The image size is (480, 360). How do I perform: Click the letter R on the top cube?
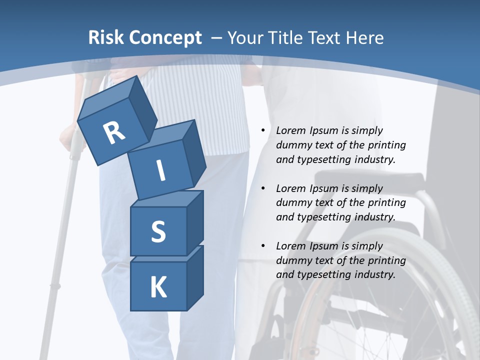click(x=114, y=133)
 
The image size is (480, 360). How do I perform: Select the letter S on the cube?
click(x=158, y=231)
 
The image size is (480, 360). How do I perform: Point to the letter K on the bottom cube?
click(x=158, y=287)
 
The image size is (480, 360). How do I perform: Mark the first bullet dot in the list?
click(x=263, y=131)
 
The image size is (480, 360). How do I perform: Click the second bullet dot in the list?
click(x=263, y=189)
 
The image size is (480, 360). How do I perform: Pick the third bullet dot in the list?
click(x=263, y=246)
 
